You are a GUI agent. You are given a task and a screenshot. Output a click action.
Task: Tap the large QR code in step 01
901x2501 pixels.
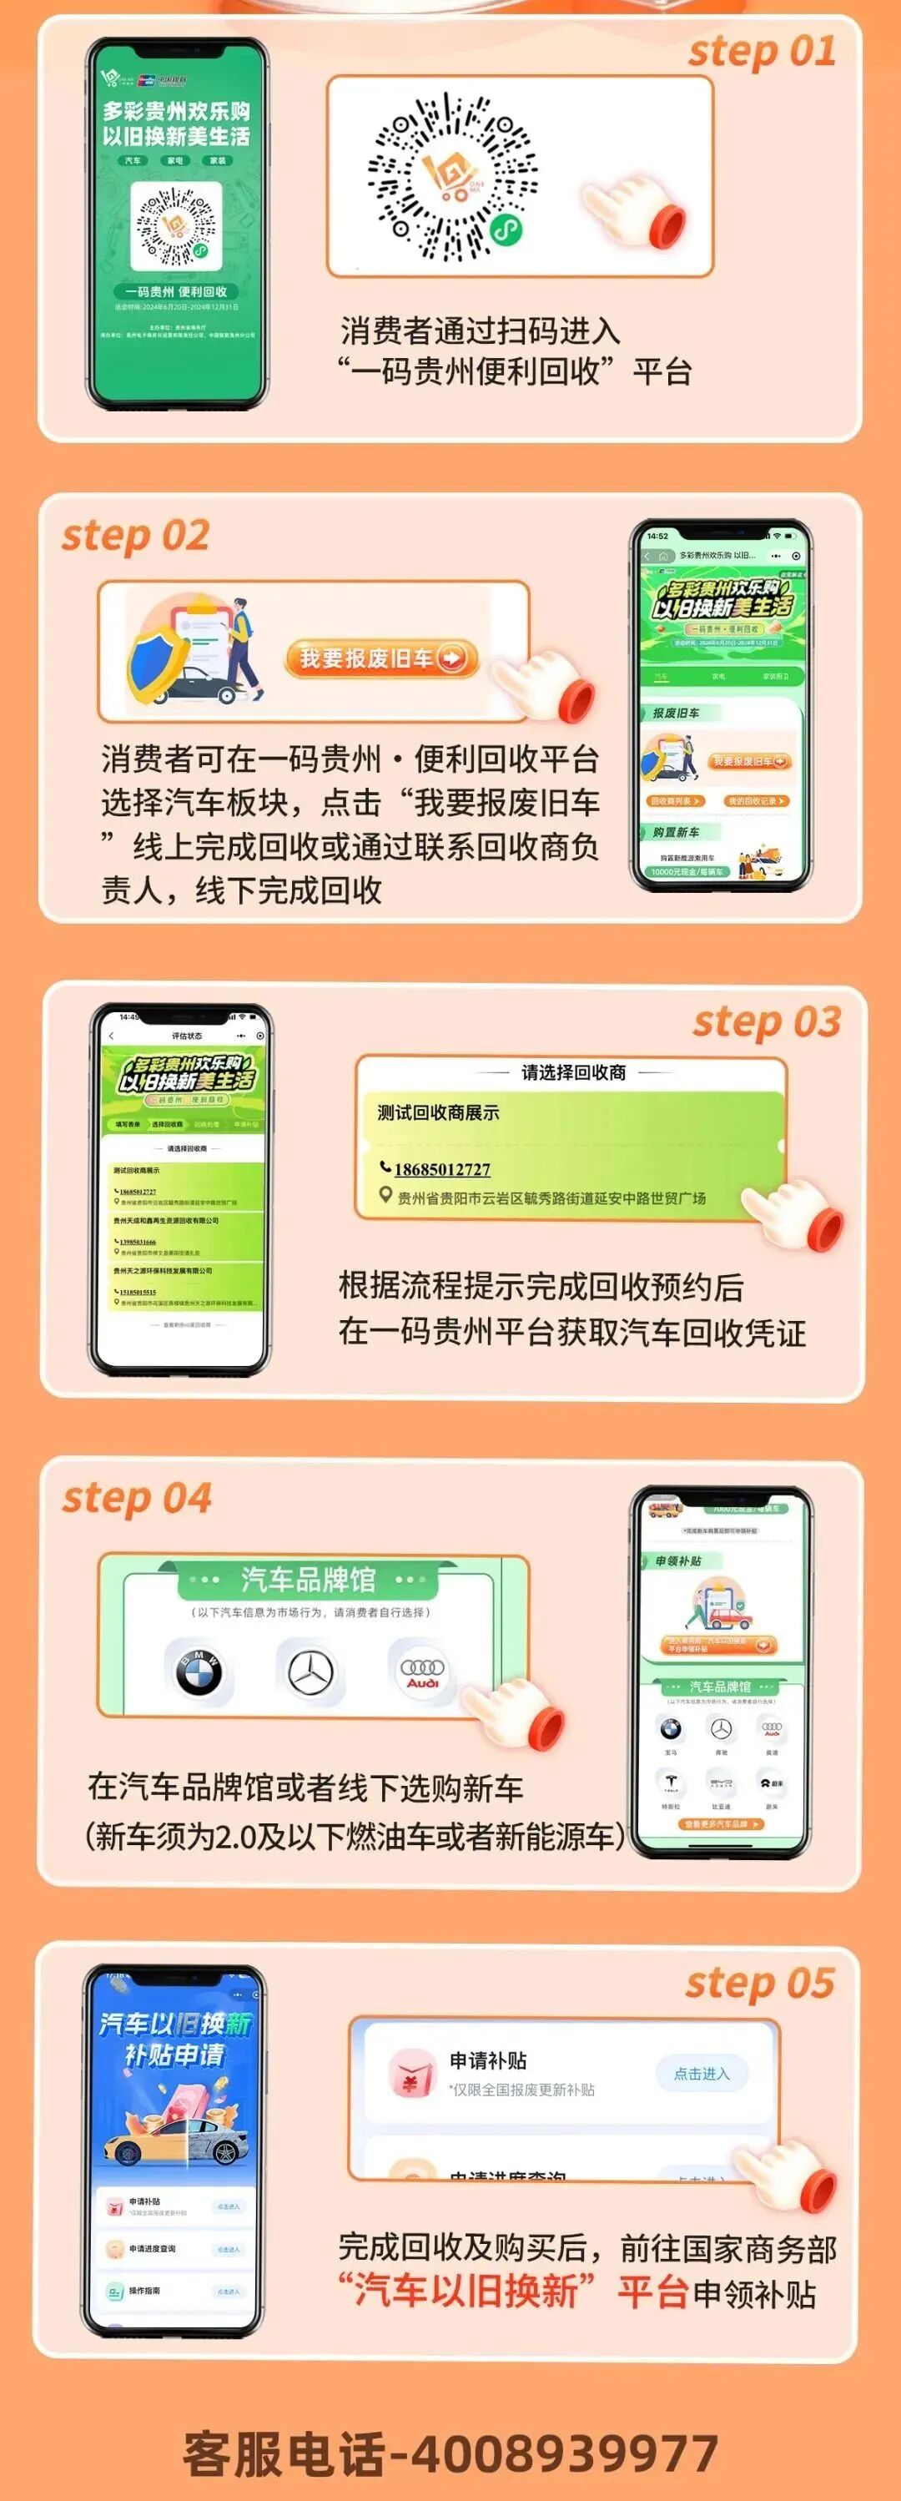451,178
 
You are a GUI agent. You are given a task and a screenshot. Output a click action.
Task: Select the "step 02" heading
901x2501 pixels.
135,536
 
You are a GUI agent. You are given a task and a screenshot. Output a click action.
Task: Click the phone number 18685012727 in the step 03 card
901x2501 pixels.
442,1169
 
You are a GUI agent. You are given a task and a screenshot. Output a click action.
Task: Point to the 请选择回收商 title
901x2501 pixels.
573,1071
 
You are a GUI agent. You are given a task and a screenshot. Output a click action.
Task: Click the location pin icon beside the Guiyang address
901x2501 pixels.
385,1198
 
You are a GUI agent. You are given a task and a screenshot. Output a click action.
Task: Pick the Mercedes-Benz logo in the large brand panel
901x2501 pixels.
310,1671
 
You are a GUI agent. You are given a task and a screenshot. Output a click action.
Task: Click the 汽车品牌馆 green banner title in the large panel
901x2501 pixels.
308,1581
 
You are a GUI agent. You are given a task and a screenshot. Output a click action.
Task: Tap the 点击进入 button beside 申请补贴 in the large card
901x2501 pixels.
701,2074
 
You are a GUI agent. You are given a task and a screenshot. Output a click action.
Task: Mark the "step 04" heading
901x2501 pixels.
137,1498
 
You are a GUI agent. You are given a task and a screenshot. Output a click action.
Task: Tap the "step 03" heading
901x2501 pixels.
766,1022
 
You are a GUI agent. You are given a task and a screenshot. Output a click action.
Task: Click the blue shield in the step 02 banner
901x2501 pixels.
159,658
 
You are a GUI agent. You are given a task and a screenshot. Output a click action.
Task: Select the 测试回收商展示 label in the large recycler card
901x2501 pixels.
438,1112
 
